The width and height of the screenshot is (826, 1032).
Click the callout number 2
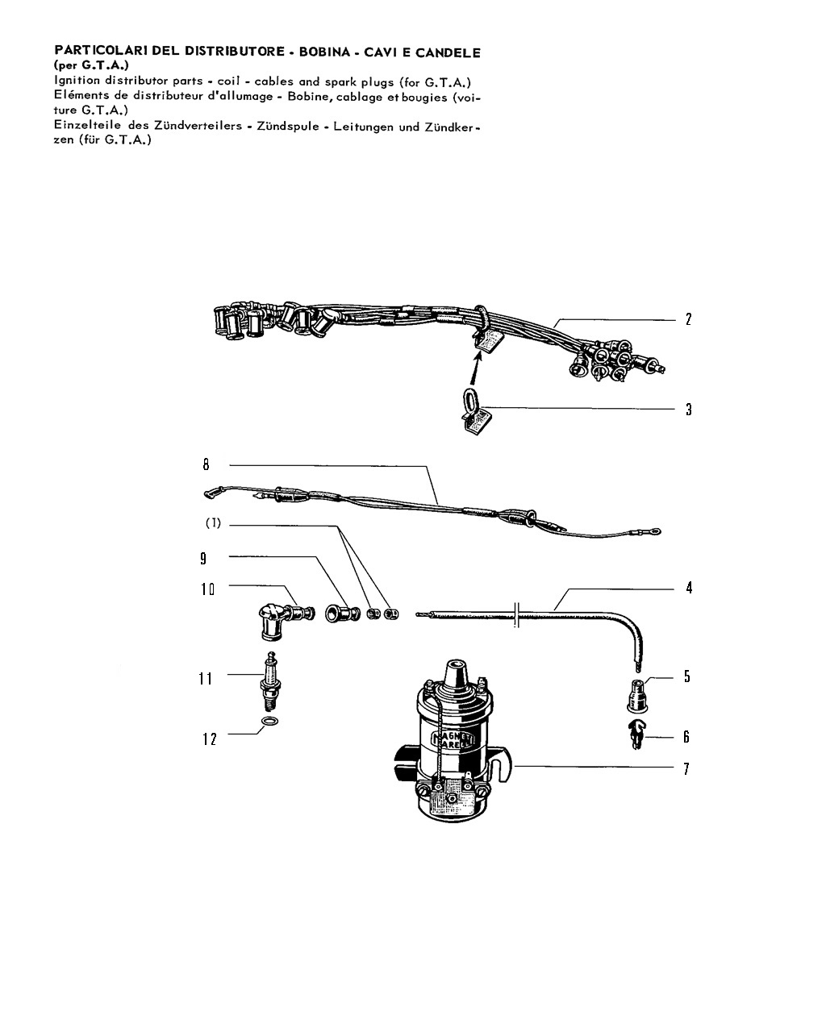tap(688, 319)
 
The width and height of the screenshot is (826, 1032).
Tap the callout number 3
tap(688, 409)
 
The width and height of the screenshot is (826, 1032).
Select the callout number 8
tap(206, 464)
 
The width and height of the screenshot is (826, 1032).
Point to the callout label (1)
tap(213, 522)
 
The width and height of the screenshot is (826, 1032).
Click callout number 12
tap(209, 739)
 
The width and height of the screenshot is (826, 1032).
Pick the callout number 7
tap(686, 768)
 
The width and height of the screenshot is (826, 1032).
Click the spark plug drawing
tap(269, 681)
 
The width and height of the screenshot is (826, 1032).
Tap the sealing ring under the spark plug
tap(269, 722)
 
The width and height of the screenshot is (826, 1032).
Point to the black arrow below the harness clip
tap(476, 368)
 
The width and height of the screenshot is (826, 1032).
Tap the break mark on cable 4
tap(516, 614)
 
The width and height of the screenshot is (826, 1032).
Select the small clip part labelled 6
tap(636, 734)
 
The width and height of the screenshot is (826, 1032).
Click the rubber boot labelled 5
tap(637, 695)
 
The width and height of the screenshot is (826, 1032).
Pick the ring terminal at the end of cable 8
tap(655, 531)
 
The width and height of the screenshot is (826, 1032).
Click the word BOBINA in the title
tap(324, 52)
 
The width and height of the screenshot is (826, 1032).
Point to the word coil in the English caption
tap(228, 81)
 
